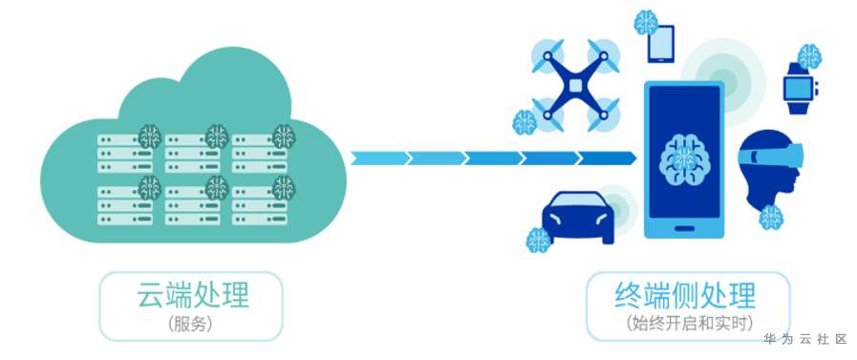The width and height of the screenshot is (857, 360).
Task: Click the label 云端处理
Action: click(193, 294)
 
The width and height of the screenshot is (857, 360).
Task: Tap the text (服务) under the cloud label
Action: click(191, 324)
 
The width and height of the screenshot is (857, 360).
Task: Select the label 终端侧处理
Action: click(685, 295)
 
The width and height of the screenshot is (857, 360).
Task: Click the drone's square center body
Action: click(575, 85)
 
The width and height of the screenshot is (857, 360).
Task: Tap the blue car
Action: click(578, 218)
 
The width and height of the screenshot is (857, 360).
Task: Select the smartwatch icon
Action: click(799, 88)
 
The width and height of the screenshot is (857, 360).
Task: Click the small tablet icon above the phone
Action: click(661, 44)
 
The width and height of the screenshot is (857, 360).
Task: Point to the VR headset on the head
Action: click(771, 155)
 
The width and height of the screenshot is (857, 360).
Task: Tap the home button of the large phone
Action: click(684, 228)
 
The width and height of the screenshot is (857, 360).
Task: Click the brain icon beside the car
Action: click(538, 240)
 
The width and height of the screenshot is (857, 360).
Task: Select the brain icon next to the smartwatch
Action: click(809, 56)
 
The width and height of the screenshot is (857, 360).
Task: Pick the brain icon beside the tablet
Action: click(646, 22)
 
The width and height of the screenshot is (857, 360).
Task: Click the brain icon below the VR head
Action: click(771, 217)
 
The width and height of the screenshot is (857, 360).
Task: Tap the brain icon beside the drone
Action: click(525, 122)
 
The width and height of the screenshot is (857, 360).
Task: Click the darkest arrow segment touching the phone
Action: click(607, 159)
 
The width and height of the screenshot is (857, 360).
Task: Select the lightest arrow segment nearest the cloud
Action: click(380, 159)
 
